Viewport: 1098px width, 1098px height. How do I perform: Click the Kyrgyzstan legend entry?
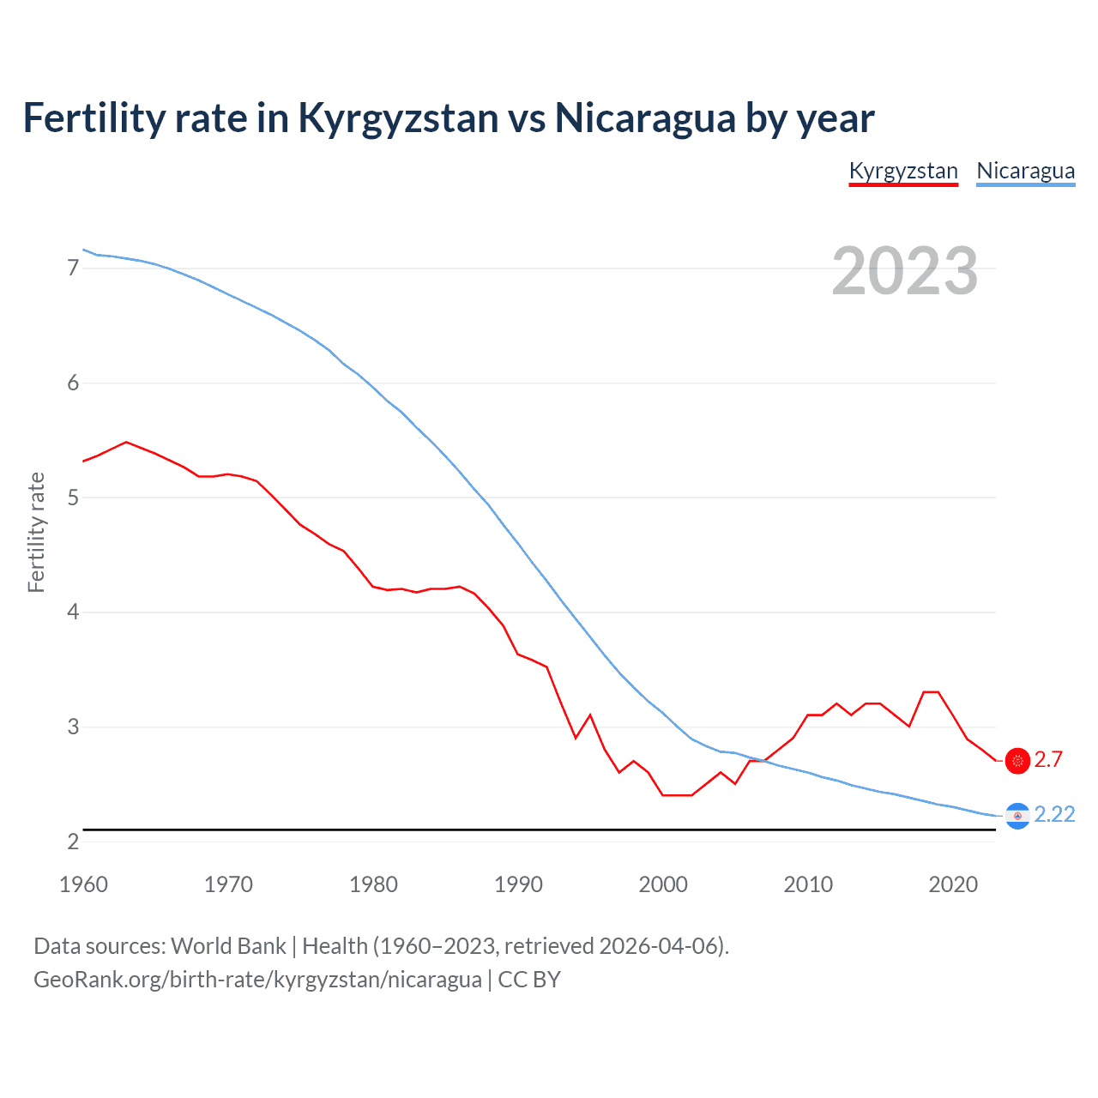pos(903,171)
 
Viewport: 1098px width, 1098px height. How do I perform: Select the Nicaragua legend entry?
pos(1025,171)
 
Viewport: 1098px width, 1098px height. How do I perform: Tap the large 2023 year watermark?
pos(905,271)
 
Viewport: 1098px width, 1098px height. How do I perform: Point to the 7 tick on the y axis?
pos(73,268)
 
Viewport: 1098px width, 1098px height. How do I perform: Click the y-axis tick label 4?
pos(73,612)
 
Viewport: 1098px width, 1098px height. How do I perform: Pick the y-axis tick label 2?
pos(73,842)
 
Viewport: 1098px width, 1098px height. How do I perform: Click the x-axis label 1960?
pos(83,884)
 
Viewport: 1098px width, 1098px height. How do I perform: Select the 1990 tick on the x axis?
pos(518,884)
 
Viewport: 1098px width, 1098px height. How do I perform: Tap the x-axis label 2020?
pos(953,884)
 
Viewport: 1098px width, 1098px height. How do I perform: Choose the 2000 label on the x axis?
pos(663,884)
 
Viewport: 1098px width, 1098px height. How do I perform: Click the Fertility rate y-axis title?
pos(36,532)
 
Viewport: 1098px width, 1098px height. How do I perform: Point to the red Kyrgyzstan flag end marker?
pos(1017,761)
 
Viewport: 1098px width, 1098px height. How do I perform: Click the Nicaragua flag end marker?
pos(1017,816)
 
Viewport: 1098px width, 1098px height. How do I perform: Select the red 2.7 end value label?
pos(1048,760)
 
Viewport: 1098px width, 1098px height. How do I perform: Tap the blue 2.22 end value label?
pos(1054,815)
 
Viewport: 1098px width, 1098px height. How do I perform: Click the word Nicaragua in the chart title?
pos(645,118)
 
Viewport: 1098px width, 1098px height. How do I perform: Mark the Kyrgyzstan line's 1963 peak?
pos(126,442)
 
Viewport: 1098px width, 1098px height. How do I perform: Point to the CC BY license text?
pos(529,980)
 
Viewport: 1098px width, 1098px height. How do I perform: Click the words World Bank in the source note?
pos(228,946)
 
